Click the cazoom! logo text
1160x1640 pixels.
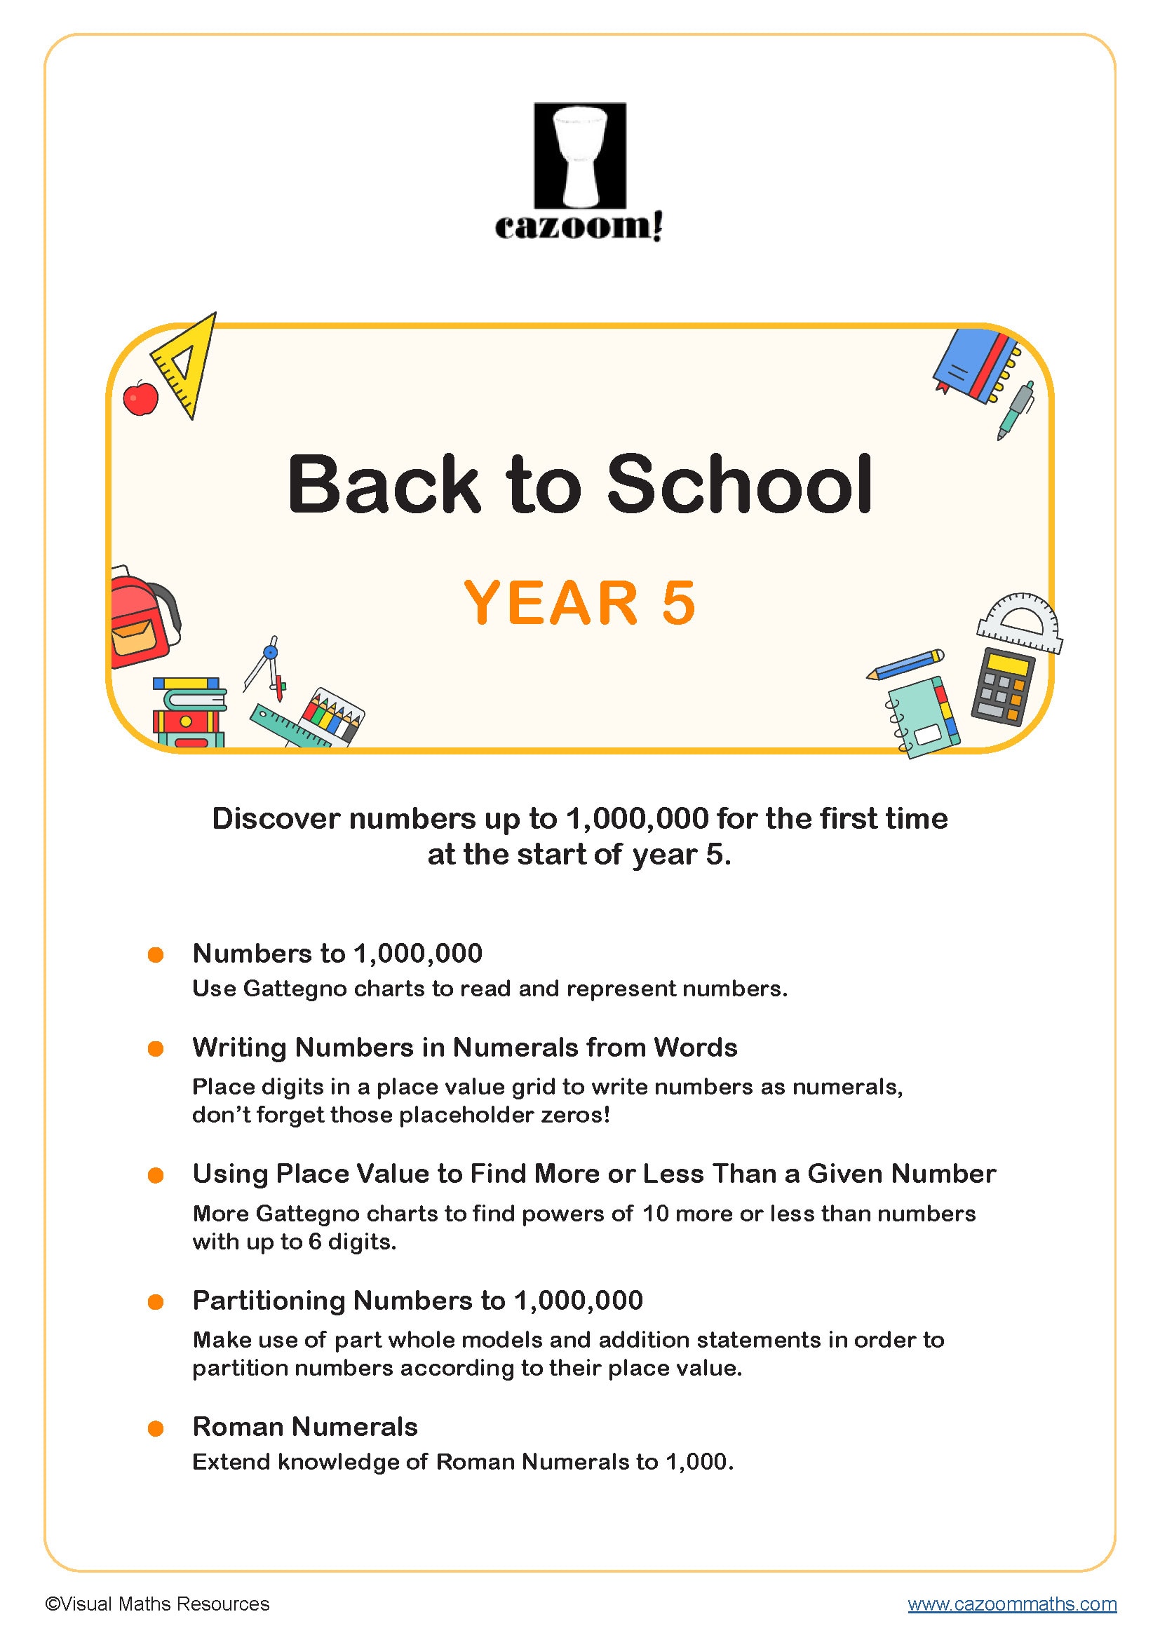click(579, 226)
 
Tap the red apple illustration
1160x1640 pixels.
click(141, 398)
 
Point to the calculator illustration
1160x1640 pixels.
click(1002, 686)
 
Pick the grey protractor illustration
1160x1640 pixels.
click(1020, 623)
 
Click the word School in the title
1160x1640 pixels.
click(739, 485)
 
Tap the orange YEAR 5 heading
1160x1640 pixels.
click(579, 603)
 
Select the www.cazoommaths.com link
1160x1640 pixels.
click(1011, 1604)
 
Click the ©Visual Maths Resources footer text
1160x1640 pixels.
click(157, 1604)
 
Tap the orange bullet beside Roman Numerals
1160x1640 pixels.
click(156, 1428)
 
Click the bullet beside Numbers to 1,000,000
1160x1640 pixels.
click(156, 954)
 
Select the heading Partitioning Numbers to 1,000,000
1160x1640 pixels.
click(418, 1300)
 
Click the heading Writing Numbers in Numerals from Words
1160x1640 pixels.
click(464, 1047)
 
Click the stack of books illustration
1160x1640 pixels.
click(189, 712)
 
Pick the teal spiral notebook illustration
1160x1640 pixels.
click(923, 717)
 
